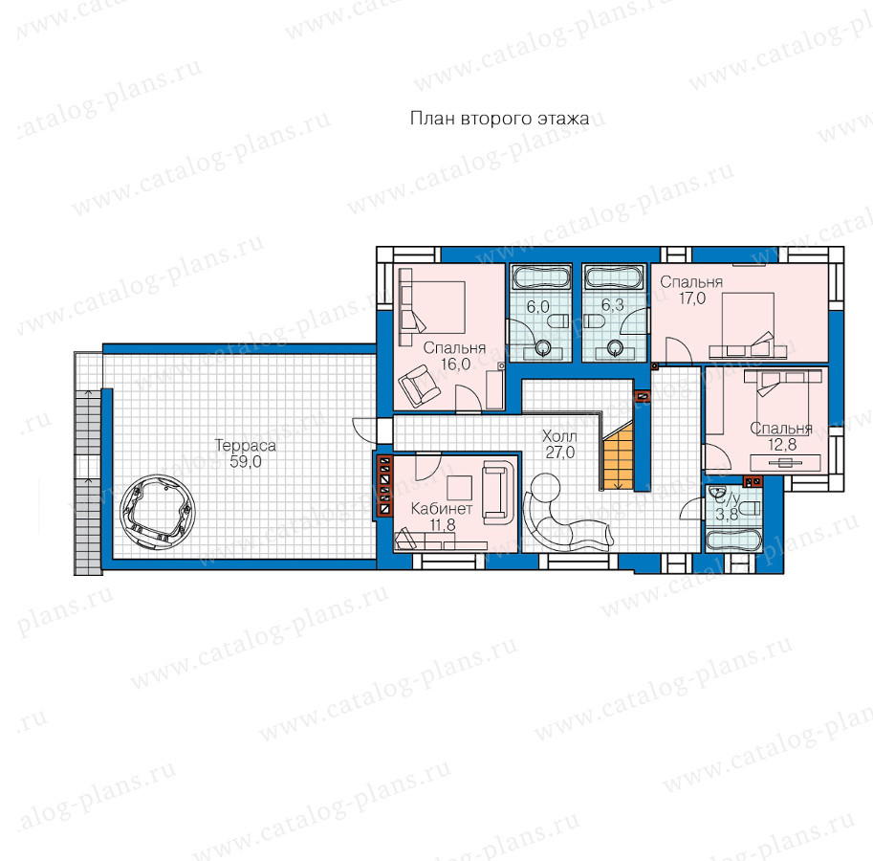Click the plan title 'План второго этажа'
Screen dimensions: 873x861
(x=499, y=119)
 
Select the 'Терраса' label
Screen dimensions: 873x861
(x=246, y=446)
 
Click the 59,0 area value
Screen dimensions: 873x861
(x=246, y=462)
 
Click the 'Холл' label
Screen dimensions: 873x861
(x=559, y=436)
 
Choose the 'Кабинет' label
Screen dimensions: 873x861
(x=442, y=509)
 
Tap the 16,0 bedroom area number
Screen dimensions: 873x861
(x=455, y=364)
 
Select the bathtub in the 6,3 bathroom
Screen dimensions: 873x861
(x=613, y=276)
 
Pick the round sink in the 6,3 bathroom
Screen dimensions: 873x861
(x=615, y=348)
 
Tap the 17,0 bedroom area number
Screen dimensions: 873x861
(x=692, y=298)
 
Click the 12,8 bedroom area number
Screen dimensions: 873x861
(x=782, y=445)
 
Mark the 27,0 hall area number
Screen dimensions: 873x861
(x=559, y=453)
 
